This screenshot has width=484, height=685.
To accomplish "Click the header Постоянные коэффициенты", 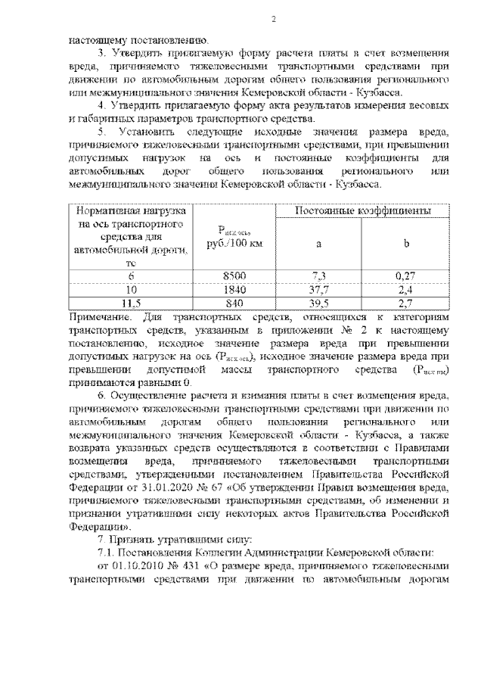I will pos(362,210).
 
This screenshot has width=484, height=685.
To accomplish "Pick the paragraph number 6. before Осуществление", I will pos(103,394).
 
